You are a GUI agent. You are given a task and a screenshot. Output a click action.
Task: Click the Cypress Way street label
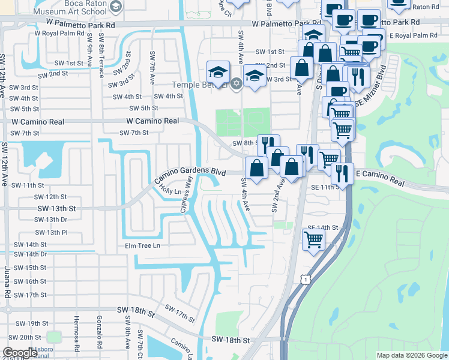(x=187, y=195)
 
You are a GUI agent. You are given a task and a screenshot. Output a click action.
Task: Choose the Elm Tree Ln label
(x=142, y=245)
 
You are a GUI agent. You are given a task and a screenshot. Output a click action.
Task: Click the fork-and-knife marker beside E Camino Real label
(x=342, y=173)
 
